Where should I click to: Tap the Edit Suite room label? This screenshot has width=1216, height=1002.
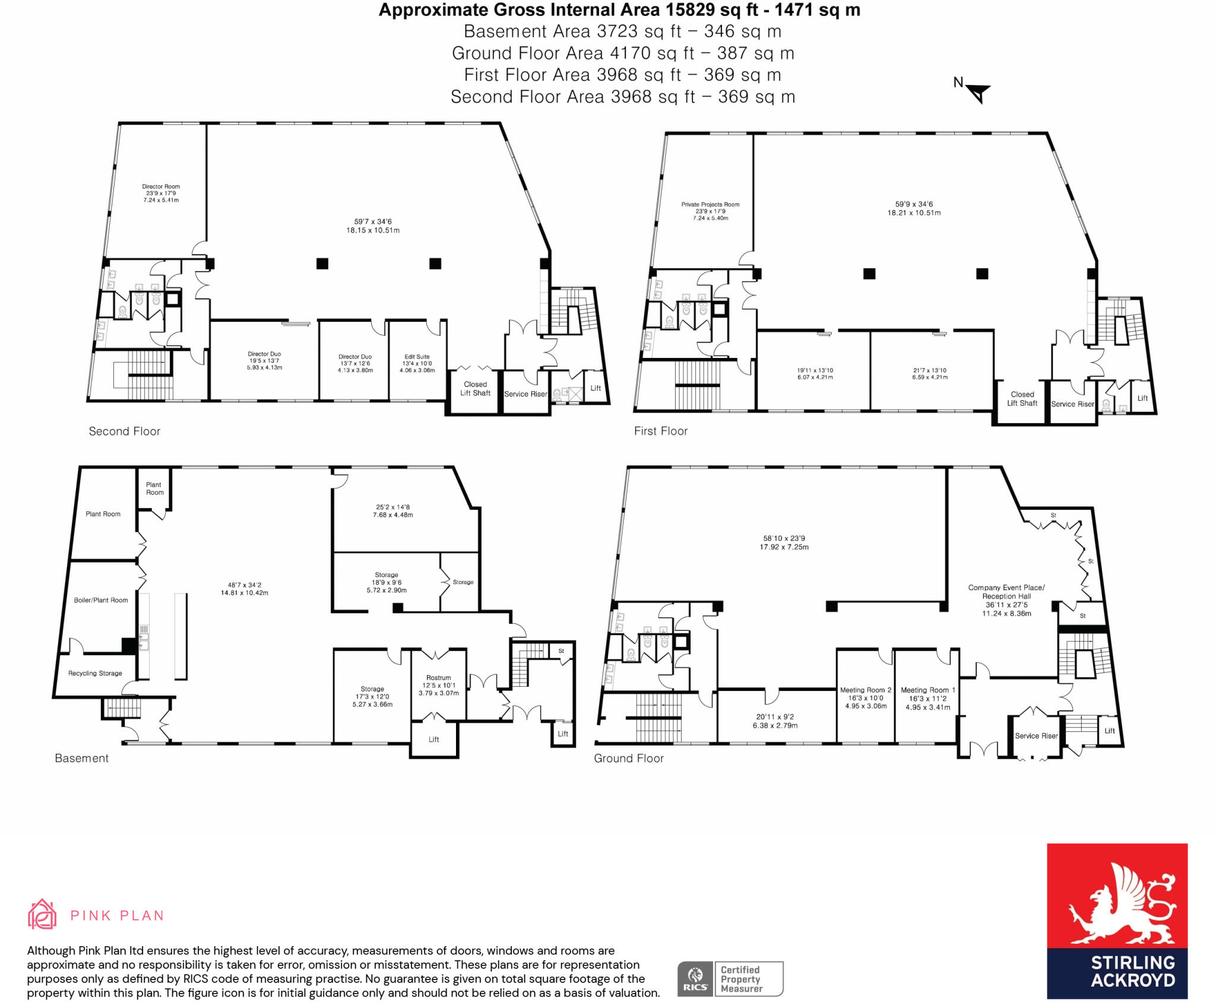pos(417,357)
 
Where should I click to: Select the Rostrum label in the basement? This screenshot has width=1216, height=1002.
pos(439,677)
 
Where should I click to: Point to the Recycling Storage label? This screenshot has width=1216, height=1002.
pos(95,673)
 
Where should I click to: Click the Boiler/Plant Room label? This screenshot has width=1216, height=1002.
pos(101,600)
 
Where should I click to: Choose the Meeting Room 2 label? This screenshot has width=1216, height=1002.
pos(866,690)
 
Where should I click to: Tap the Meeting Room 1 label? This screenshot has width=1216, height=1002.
pos(928,690)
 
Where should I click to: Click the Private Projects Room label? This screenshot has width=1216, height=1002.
pos(711,204)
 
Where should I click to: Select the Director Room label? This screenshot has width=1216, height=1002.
pos(161,186)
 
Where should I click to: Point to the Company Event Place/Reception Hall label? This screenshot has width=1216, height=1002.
pos(1006,592)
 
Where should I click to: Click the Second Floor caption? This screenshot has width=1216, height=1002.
pos(125,432)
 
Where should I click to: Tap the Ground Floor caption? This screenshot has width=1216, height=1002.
pos(629,758)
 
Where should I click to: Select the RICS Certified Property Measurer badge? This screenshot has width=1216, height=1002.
pos(730,979)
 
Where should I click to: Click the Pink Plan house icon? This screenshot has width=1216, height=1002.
pos(42,914)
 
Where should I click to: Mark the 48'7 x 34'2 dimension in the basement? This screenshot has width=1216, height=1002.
pos(245,585)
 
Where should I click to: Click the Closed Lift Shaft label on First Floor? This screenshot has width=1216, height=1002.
pos(1022,398)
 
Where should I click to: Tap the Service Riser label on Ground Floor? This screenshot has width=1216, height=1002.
pos(1037,735)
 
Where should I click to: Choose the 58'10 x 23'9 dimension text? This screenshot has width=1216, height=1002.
pos(784,538)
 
